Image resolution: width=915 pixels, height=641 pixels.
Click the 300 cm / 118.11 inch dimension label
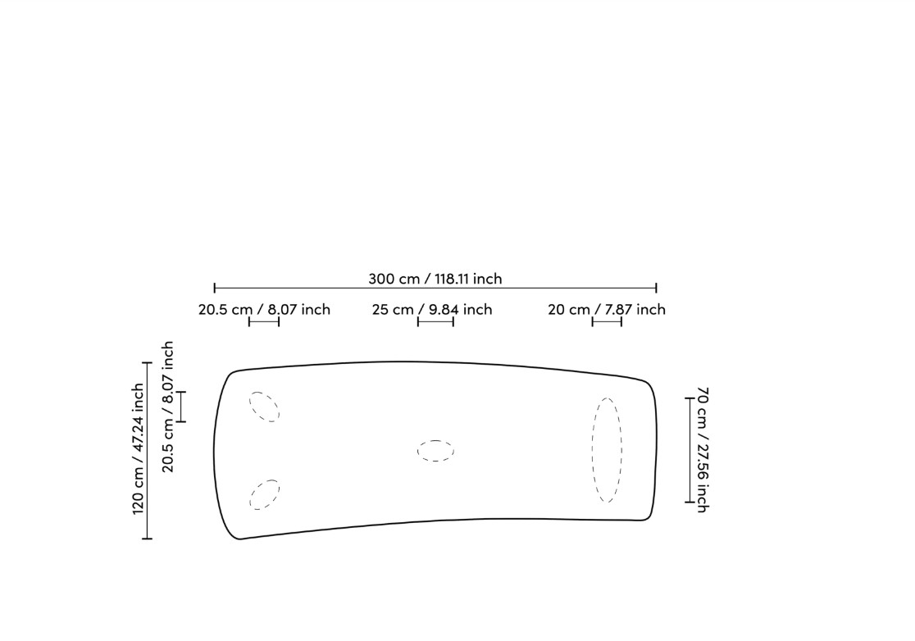(435, 279)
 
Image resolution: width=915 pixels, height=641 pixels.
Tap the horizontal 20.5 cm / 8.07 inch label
(264, 309)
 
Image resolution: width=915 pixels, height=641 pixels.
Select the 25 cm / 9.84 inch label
(432, 309)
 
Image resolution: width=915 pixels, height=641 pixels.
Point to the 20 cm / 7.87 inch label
(606, 309)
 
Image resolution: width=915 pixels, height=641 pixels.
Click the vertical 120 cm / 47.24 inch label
(138, 448)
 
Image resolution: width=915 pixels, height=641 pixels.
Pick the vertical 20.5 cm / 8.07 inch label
(167, 407)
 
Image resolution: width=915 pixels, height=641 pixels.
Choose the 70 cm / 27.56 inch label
(703, 450)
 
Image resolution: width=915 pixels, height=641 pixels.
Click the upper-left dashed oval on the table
(264, 407)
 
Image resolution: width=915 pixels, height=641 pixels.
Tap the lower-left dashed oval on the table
(264, 494)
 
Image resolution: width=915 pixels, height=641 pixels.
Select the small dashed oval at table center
(436, 451)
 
